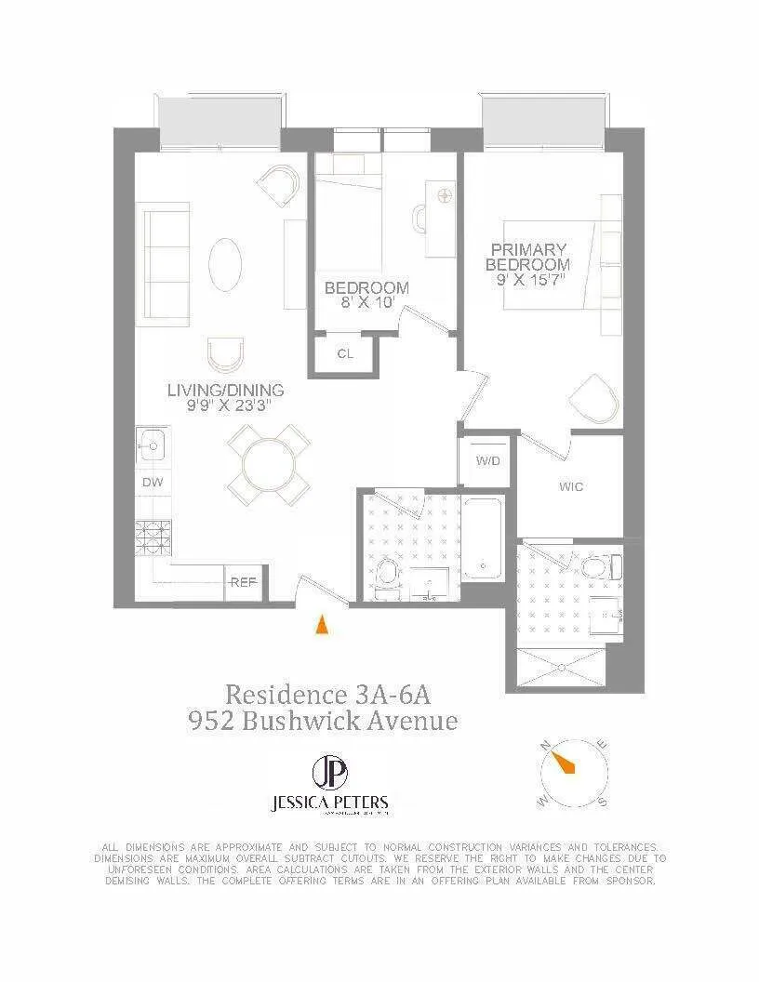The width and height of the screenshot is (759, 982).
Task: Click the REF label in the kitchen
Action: pos(244,583)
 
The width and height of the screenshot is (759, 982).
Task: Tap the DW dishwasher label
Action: pos(151,483)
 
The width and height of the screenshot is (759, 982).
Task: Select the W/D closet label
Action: pos(486,461)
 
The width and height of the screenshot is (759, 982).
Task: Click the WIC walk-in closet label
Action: pos(571,486)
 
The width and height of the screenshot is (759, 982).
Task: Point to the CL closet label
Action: pos(344,353)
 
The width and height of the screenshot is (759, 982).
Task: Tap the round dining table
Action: pos(269,464)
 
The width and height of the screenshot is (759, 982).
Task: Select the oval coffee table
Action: pos(226,265)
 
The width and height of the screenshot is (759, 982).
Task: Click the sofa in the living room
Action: pos(166,263)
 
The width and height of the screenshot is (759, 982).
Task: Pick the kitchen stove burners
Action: pos(151,536)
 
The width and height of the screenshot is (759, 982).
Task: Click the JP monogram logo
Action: pos(326,773)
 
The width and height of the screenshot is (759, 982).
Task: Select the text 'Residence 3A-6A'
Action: pos(328,695)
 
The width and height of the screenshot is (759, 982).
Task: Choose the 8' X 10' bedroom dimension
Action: pos(366,302)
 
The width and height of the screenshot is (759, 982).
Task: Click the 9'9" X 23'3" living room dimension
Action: pos(225,405)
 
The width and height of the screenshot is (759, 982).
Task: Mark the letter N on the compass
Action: pos(546,744)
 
